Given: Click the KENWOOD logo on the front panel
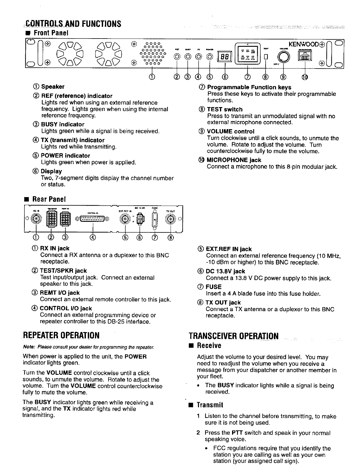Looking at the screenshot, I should click(303, 44).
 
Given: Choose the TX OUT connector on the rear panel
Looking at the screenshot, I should click(170, 219).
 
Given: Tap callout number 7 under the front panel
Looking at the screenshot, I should click(248, 77).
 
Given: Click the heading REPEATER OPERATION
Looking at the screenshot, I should click(61, 335).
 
